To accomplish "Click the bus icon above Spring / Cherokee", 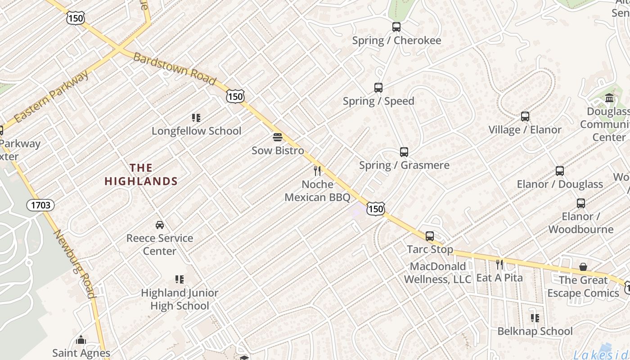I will click(396, 27).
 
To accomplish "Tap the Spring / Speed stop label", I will click(378, 101).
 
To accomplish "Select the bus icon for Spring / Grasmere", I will click(404, 152).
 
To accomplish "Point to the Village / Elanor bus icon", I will click(525, 117).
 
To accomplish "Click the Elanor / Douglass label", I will click(559, 184).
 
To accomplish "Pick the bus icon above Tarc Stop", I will click(430, 236).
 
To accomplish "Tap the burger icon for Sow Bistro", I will click(278, 137).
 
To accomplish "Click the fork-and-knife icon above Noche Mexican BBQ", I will click(317, 171).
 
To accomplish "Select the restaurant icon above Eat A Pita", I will click(499, 264).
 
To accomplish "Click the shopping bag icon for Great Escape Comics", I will click(583, 267).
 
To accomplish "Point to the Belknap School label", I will click(535, 332).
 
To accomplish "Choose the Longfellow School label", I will click(196, 131).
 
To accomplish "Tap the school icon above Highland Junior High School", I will click(180, 279).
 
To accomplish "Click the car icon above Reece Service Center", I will click(159, 225).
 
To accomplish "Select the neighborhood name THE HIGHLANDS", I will click(141, 175).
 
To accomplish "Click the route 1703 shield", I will click(40, 206).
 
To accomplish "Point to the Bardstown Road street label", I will click(174, 69).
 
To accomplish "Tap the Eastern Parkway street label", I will click(51, 97).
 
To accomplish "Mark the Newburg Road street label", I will click(75, 264).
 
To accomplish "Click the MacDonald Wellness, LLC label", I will click(437, 273).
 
